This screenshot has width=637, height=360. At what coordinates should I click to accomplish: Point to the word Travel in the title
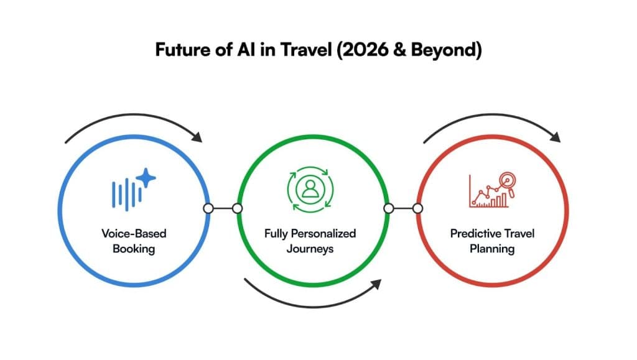click(307, 50)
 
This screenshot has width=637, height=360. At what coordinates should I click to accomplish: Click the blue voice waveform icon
click(127, 194)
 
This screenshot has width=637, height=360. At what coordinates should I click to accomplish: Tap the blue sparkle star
click(146, 178)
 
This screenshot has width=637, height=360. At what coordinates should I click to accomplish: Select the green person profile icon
click(310, 189)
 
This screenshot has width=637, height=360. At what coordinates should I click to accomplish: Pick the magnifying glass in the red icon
click(508, 183)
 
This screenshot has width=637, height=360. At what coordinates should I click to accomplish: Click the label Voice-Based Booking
click(134, 241)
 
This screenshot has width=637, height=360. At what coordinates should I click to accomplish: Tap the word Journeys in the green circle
click(310, 249)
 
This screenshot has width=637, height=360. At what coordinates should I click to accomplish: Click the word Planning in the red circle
click(492, 249)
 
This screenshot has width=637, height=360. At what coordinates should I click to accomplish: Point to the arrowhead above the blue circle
click(197, 137)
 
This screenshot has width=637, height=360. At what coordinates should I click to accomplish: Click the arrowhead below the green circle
click(376, 284)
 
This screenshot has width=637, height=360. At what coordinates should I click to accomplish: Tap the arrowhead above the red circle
click(556, 137)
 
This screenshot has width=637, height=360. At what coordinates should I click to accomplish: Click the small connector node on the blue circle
click(208, 209)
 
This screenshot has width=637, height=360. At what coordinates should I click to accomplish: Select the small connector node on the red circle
click(417, 209)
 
